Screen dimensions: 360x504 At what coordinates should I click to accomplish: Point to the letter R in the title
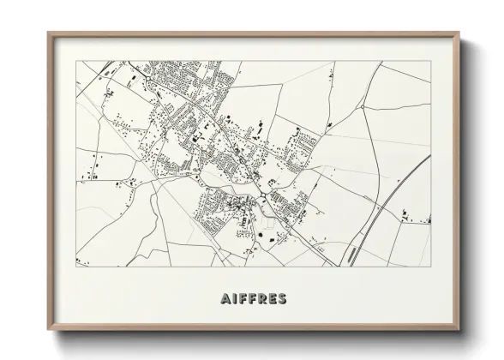coord(261,299)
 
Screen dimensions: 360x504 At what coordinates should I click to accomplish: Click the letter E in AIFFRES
coord(273,299)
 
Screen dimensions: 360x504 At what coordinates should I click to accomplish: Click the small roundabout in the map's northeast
coord(363,106)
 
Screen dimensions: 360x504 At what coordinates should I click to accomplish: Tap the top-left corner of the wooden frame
coord(48,33)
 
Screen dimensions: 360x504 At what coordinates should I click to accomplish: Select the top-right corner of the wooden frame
coord(459,33)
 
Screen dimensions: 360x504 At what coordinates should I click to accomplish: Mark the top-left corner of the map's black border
coord(76,61)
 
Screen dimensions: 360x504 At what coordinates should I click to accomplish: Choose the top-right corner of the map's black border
coord(431,61)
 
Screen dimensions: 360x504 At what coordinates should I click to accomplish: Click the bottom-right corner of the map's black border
coord(431,267)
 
